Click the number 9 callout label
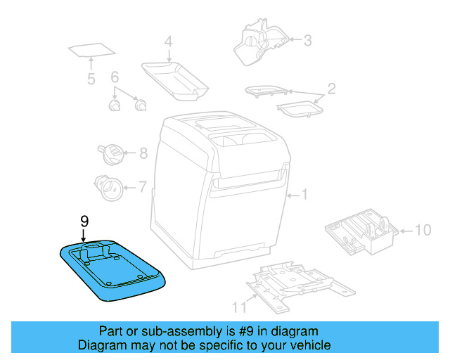pos(84,221)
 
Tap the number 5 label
pos(91,79)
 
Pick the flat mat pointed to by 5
pos(92,51)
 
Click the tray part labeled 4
pos(175,75)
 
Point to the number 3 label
pos(307,40)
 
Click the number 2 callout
pos(331,89)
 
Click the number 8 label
pos(143,153)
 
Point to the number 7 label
pos(142,187)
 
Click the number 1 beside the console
pos(304,194)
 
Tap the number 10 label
pos(422,229)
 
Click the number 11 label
pos(240,305)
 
